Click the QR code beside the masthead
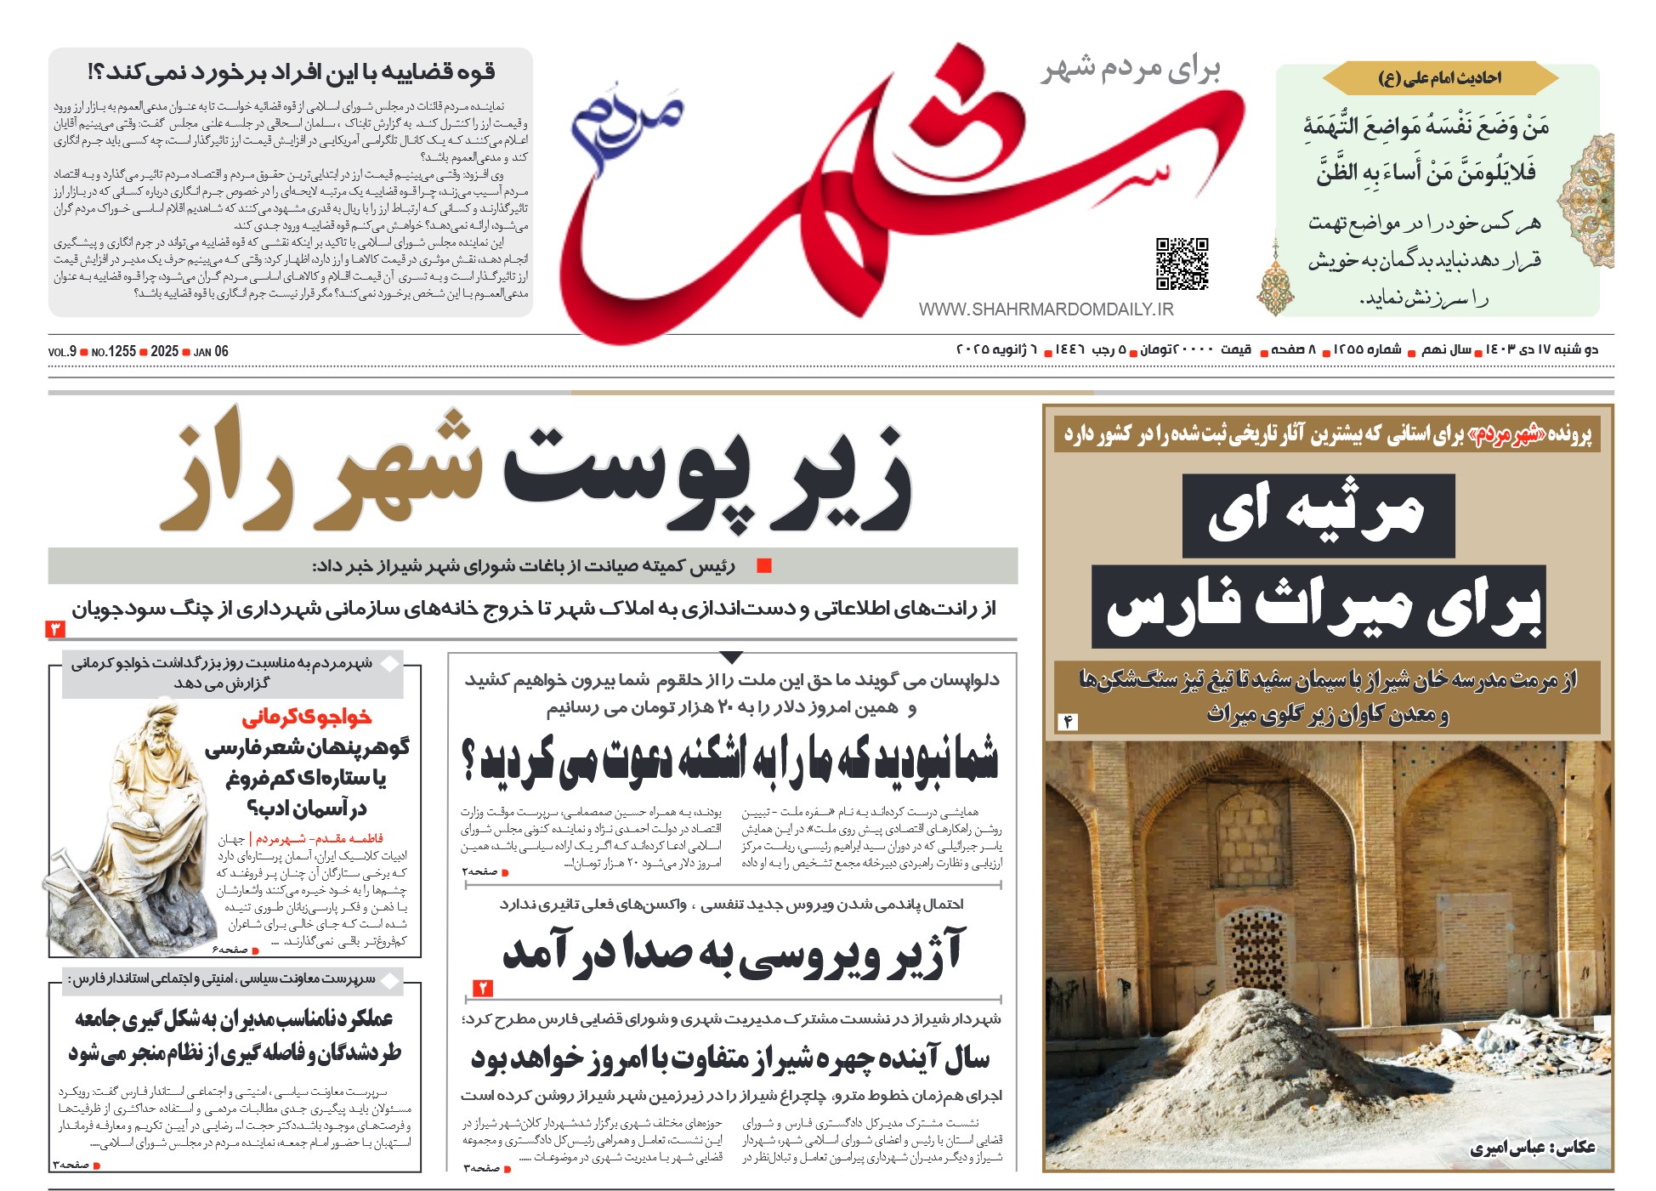coord(1182,264)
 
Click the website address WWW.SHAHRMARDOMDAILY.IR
coord(1046,310)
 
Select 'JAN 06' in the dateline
coord(211,352)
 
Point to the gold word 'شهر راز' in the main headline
coord(323,472)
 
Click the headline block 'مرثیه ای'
coord(1318,515)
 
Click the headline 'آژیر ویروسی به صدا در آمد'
coord(733,952)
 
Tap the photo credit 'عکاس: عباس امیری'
coord(1533,1148)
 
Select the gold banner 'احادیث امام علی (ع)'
coord(1439,78)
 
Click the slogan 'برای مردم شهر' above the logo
coord(1131,70)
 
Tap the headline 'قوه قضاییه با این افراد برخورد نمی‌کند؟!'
coord(292,72)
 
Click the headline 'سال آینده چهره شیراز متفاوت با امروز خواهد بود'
coord(731,1059)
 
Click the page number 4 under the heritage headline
coord(1068,722)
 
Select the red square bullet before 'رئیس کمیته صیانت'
coord(764,566)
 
